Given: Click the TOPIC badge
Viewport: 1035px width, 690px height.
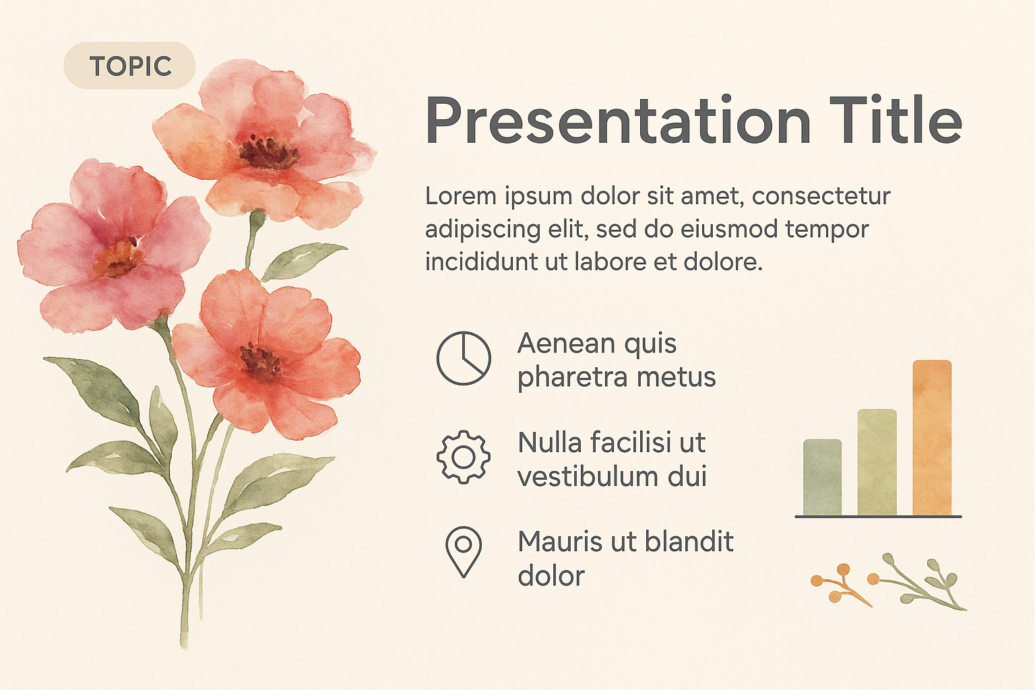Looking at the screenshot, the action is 129,65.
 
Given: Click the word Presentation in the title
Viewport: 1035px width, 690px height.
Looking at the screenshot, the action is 618,120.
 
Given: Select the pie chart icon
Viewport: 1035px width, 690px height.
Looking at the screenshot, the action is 464,358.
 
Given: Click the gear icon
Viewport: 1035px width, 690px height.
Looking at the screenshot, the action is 464,457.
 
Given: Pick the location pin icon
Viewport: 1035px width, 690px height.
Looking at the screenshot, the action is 464,552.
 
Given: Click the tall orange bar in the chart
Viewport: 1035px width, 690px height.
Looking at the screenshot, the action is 932,437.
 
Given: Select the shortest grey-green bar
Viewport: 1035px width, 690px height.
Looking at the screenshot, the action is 823,477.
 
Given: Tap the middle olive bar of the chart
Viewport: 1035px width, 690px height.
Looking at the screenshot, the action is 877,462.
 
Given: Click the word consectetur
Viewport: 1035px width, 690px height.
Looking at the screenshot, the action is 821,197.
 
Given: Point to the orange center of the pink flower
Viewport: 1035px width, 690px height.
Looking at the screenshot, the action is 117,257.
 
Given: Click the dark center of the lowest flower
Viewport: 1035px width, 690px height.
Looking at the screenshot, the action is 261,361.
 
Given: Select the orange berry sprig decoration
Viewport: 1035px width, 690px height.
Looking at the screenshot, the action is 839,585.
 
